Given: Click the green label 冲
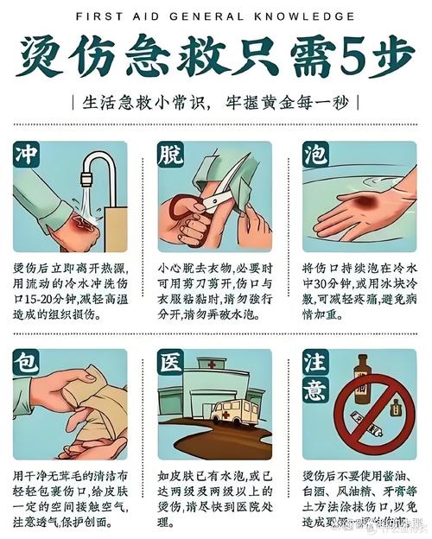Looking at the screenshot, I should [x=26, y=155].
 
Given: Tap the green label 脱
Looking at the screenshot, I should [x=170, y=155].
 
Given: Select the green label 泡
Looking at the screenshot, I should [x=314, y=155].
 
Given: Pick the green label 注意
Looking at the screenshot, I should [x=314, y=377].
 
